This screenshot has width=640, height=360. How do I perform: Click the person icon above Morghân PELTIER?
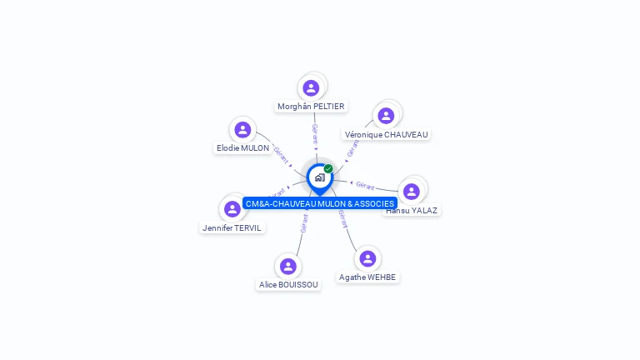point(311,87)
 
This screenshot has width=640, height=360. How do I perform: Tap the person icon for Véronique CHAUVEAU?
point(385,115)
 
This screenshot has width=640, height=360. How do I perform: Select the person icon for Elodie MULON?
point(242,129)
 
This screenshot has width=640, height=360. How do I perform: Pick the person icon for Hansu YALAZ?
point(411,192)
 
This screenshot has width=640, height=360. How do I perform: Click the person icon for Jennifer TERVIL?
point(232,208)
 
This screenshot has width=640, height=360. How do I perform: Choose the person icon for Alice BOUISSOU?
point(288,266)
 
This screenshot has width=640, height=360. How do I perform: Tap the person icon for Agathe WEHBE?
point(367,258)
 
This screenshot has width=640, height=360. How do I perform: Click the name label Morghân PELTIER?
point(311,107)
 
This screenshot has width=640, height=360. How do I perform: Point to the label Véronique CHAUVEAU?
point(386,134)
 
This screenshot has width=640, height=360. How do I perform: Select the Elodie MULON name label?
point(242,148)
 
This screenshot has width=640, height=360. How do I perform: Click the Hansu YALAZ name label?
point(412,211)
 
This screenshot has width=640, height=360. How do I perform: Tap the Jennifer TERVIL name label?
point(232,227)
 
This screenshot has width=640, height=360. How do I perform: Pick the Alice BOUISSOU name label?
point(288,285)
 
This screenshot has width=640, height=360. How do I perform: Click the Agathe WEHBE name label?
point(367,277)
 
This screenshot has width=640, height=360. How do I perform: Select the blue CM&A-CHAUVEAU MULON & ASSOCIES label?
point(320,203)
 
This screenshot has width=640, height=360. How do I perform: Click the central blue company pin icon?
point(319,177)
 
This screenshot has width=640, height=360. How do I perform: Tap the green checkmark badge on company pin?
point(328,169)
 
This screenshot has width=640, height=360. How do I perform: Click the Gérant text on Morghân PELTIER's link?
point(314,133)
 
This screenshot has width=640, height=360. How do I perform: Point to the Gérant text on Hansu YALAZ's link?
point(365,185)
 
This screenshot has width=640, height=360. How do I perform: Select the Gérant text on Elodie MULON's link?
point(281,154)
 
